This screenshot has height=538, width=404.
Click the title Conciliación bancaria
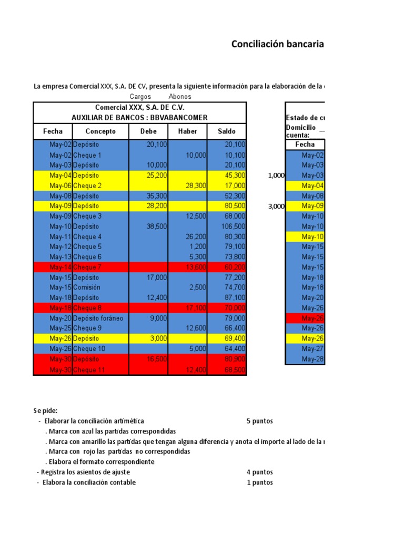[277, 44]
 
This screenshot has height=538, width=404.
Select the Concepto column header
[100, 131]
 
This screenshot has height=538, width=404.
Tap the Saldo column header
[227, 131]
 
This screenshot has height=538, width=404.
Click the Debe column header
[148, 131]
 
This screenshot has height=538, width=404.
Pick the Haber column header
[188, 131]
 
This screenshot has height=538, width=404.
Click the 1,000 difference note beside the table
[276, 176]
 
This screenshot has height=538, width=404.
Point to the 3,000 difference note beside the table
[276, 206]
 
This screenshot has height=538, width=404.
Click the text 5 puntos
[259, 421]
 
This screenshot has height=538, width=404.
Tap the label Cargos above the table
[140, 97]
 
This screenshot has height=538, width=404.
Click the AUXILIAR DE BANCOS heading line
[139, 117]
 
